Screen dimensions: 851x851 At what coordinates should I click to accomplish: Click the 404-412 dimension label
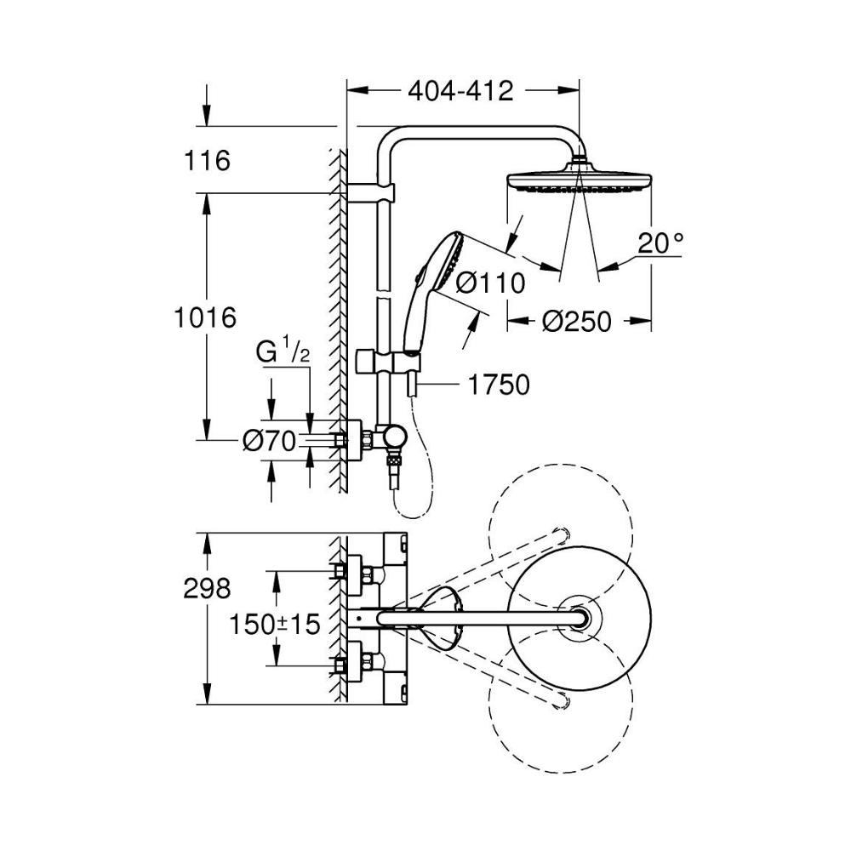[460, 90]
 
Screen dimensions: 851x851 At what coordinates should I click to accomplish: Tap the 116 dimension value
[207, 160]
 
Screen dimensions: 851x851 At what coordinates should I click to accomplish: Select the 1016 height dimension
[203, 318]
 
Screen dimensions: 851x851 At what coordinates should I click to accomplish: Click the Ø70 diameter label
[268, 441]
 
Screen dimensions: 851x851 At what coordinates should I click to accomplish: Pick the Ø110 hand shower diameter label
[489, 283]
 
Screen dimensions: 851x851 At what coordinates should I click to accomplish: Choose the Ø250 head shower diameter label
[577, 322]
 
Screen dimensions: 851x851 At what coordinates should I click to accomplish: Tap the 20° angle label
[660, 244]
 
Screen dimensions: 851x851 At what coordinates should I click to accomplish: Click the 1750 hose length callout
[499, 386]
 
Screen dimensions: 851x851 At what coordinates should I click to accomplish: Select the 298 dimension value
[207, 588]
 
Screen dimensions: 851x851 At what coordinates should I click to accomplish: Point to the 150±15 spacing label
[275, 625]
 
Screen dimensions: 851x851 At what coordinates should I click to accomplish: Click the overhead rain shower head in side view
[580, 181]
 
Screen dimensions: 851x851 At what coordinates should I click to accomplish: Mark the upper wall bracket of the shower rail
[374, 189]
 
